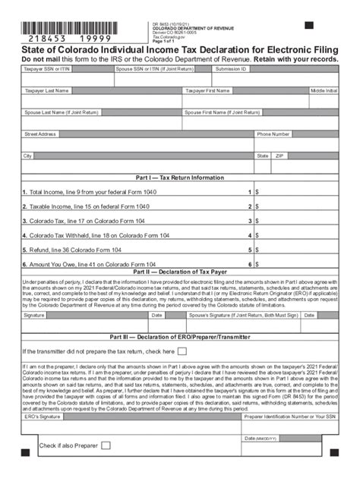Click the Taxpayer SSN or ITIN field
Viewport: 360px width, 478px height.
click(67, 79)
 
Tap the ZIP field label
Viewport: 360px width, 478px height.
click(279, 156)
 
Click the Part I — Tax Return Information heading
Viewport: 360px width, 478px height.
click(179, 178)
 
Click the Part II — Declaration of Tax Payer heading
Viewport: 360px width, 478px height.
click(179, 271)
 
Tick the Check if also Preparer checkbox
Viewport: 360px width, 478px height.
click(106, 445)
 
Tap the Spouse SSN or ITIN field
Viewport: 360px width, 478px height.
click(160, 79)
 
